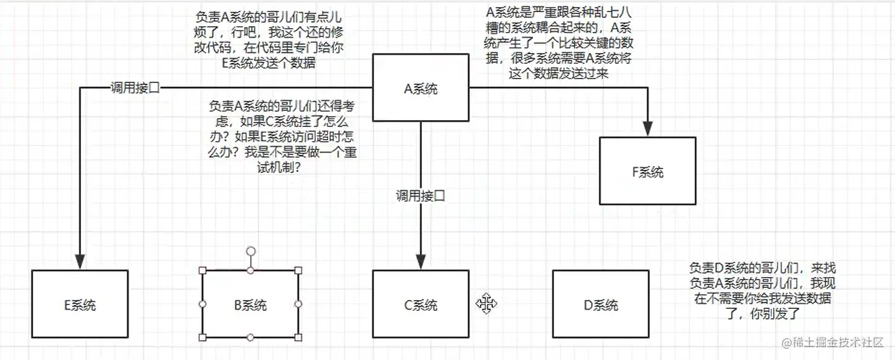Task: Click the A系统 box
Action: coord(421,89)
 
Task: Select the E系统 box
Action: coord(80,304)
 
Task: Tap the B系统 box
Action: coord(250,304)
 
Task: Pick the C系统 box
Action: coord(421,304)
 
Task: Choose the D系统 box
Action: coord(601,304)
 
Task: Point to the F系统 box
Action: coord(647,171)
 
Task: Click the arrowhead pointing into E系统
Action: coord(80,262)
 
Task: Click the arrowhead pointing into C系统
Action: coord(421,261)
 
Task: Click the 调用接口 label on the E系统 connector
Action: coord(135,88)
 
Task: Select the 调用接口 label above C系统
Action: coord(420,196)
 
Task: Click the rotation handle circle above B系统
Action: coord(251,251)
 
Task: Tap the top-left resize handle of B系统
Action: coord(203,271)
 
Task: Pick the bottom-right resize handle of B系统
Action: coord(298,337)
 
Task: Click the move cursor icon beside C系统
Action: coord(486,304)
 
